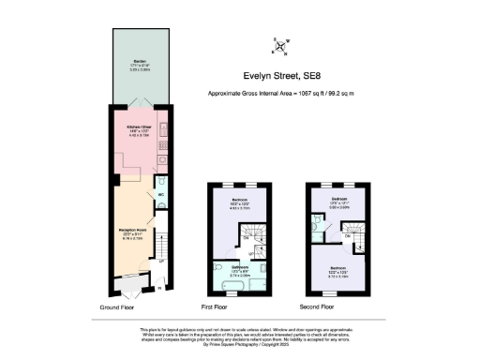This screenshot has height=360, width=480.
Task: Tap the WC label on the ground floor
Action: click(x=160, y=194)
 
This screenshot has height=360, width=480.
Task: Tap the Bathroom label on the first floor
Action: click(x=239, y=266)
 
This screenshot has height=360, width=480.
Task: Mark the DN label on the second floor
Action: click(x=347, y=235)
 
